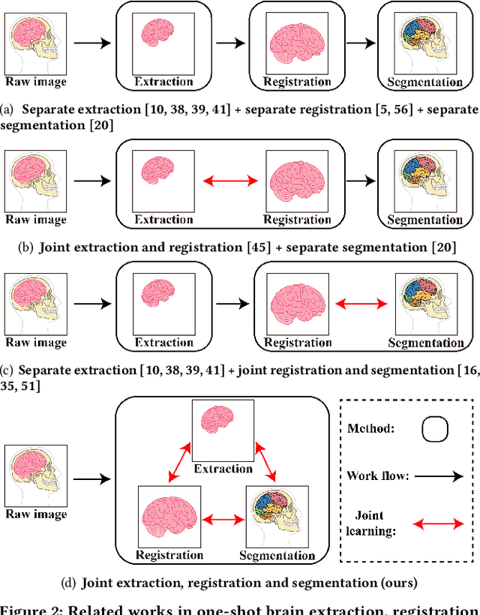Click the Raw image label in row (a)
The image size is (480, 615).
coord(36,81)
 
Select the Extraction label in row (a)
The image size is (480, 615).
coord(163,81)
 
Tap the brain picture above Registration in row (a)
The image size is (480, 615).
coord(298,46)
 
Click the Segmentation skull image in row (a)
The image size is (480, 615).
coord(424,44)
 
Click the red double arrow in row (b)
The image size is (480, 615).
coord(230,181)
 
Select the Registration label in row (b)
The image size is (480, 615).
coord(298,220)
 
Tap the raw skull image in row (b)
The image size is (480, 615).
coord(36,181)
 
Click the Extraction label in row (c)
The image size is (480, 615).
coord(163,343)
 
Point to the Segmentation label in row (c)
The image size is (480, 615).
coord(425,343)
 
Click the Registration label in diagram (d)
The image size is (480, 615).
coord(169,555)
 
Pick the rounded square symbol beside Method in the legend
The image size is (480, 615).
coord(436,430)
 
